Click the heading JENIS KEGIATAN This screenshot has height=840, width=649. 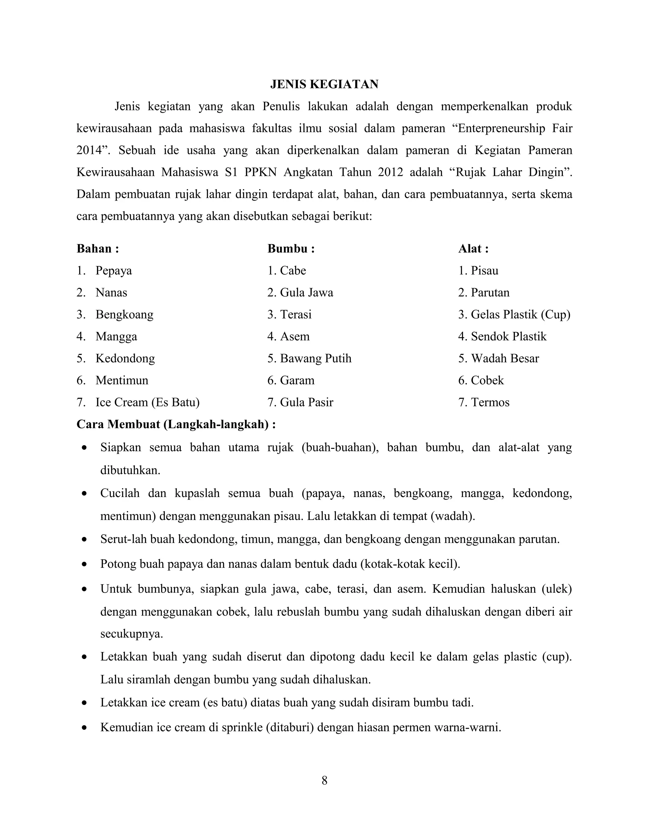tap(324, 84)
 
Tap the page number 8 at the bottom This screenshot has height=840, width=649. tap(324, 780)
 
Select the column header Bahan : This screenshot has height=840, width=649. tap(98, 249)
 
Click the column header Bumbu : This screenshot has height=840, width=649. tap(291, 249)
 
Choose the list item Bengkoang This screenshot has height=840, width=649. tap(124, 315)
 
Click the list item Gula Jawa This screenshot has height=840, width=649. tap(306, 293)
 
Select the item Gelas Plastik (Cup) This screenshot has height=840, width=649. tap(520, 315)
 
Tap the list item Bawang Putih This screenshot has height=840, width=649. tap(315, 359)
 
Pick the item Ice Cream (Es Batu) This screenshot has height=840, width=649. tap(147, 402)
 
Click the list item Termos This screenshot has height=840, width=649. tap(490, 402)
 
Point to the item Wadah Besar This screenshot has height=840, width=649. tap(504, 359)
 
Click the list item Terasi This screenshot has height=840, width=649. tap(295, 315)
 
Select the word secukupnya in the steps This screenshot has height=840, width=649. tap(132, 634)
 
